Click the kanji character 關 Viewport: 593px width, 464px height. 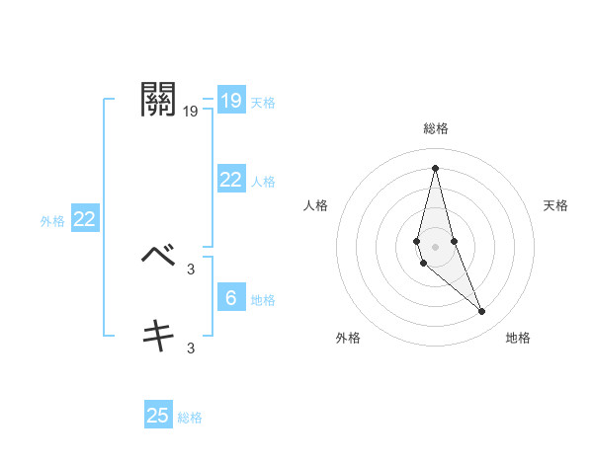[159, 100]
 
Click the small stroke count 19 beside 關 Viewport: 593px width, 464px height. [191, 112]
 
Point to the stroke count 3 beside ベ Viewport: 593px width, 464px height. [191, 269]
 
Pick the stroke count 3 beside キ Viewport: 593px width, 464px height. [191, 348]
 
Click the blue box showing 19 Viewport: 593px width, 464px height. [230, 101]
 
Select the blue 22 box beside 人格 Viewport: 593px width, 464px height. [230, 180]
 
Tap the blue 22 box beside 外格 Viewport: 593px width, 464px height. [84, 219]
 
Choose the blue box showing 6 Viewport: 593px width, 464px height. [230, 297]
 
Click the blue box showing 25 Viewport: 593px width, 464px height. [158, 416]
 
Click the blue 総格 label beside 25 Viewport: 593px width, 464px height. [190, 418]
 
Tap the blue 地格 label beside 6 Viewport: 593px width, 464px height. [263, 299]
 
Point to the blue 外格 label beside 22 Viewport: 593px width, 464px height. [52, 221]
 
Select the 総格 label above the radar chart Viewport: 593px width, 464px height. [435, 128]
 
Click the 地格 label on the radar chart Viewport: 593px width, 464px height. [518, 338]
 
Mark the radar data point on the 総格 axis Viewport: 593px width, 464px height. [435, 167]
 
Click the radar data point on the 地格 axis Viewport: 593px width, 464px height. [482, 312]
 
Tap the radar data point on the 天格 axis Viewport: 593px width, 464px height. [454, 241]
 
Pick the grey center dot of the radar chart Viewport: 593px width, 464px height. [435, 246]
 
